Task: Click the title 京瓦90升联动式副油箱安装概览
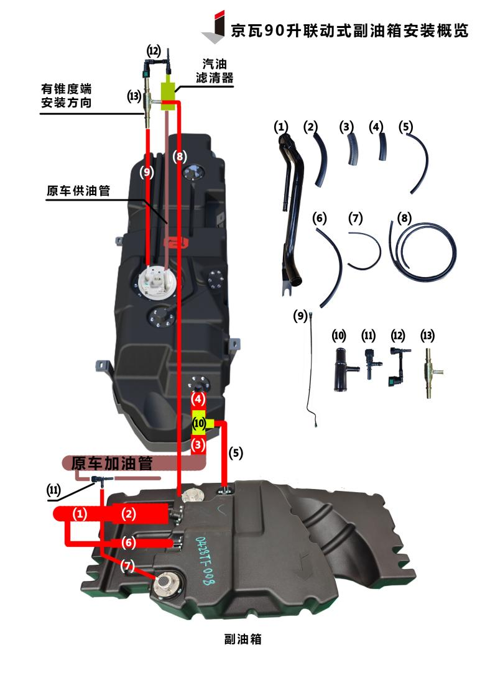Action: (x=349, y=30)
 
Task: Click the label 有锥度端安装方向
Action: (x=66, y=96)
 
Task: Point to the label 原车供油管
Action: (x=78, y=191)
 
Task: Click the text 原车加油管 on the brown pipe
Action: (x=112, y=463)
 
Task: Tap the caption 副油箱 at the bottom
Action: (x=243, y=639)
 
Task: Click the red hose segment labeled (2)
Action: (x=140, y=513)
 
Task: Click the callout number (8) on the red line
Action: (x=180, y=156)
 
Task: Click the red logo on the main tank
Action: (x=177, y=242)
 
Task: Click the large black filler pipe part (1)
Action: (x=291, y=214)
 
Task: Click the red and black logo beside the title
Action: (x=214, y=27)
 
